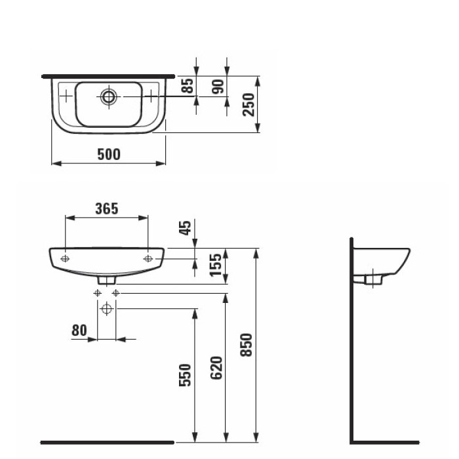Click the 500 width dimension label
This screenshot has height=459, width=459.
point(109,154)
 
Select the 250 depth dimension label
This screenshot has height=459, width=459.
point(249,104)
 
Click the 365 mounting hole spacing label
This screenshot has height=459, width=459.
point(106,209)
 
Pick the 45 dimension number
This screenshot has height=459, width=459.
point(186,228)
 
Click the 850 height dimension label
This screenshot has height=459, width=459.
point(247,345)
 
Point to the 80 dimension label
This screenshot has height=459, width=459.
point(79,330)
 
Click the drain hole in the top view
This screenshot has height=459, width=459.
point(109,96)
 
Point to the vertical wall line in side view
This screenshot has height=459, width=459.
point(352,341)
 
